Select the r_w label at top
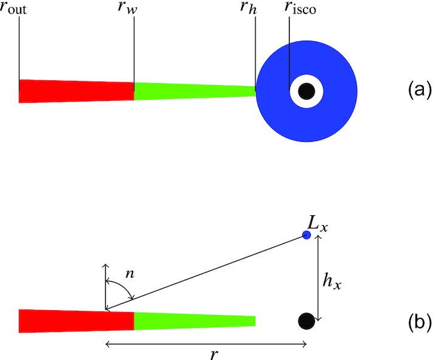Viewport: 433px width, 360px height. point(134,11)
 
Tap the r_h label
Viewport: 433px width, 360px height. point(250,10)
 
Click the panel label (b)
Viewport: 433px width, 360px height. point(419,320)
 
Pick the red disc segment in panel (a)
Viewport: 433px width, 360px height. point(76,91)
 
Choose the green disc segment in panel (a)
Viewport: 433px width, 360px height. point(195,91)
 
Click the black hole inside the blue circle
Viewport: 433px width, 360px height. point(307,91)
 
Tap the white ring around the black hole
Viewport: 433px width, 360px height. point(295,91)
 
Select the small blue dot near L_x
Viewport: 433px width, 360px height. point(307,235)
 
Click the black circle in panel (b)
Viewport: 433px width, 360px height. point(307,320)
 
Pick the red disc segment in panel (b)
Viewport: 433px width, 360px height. point(76,320)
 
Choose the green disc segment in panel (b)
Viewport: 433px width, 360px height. point(195,320)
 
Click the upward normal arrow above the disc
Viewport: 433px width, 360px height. point(106,286)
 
